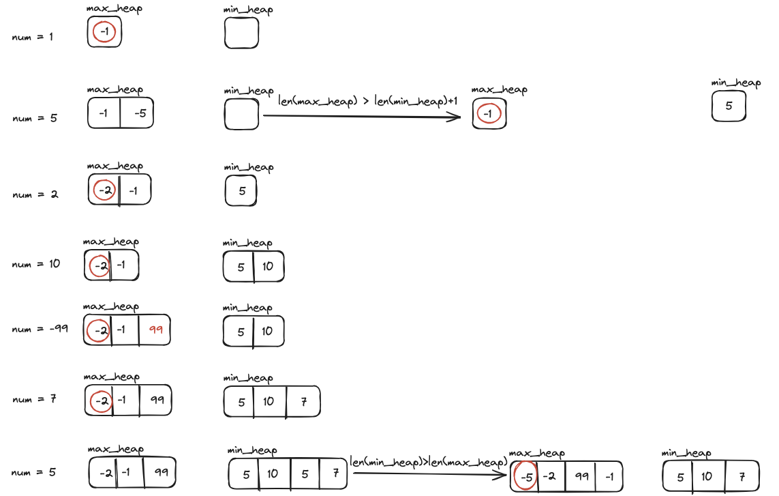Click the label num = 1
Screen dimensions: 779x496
pos(32,37)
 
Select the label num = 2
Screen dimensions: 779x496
pos(35,194)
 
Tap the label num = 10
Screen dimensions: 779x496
pos(35,264)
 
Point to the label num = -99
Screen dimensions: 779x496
pos(40,329)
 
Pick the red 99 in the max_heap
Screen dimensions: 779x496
pos(156,330)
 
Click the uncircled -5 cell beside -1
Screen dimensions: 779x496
pos(140,114)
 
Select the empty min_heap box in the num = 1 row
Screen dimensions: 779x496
pos(241,33)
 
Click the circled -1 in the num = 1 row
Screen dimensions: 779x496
pos(104,32)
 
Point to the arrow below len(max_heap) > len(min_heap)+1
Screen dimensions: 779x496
pos(362,116)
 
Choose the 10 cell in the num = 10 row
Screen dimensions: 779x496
pos(268,267)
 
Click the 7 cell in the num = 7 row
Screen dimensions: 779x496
pos(303,402)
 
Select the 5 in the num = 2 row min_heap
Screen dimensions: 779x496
pos(242,191)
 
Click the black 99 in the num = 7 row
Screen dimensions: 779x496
pos(157,400)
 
